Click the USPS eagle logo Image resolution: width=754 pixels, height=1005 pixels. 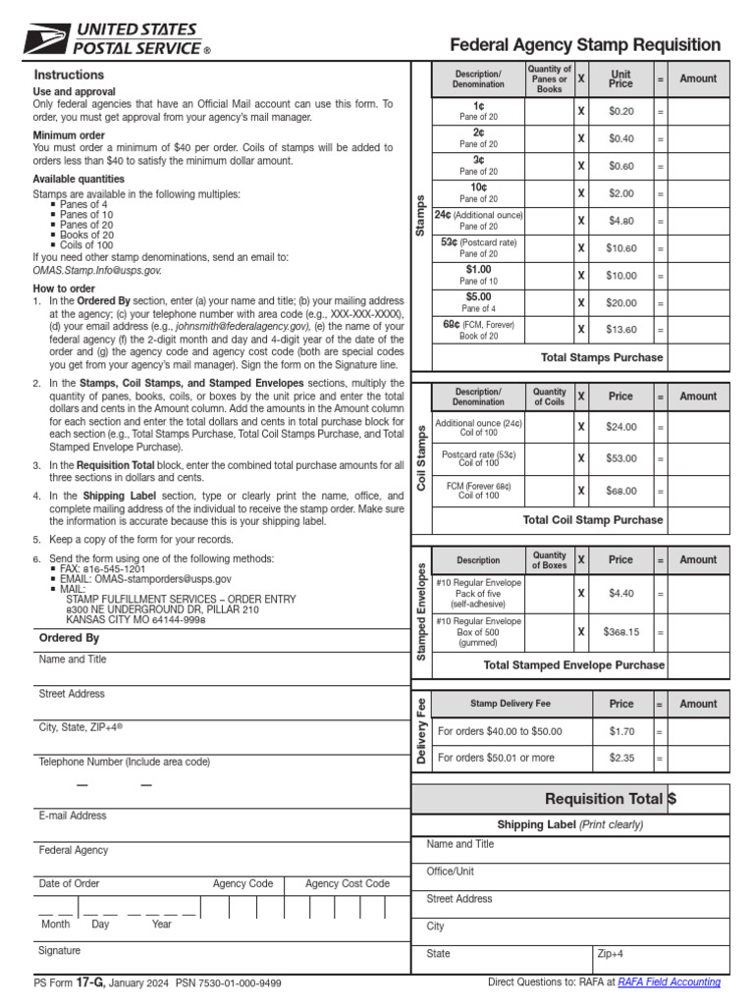coord(44,39)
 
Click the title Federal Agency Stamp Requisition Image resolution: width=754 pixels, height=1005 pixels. coord(585,45)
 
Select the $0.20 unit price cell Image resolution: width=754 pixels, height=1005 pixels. coord(620,112)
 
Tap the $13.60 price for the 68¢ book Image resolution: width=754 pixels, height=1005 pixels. coord(620,330)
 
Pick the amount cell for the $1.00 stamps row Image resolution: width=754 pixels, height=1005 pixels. coord(698,276)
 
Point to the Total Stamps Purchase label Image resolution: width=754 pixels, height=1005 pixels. coord(602,357)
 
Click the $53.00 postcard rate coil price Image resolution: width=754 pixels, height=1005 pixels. coord(620,458)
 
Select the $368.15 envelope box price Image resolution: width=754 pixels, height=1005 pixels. coord(620,632)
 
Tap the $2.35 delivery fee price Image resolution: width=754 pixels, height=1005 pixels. coord(620,758)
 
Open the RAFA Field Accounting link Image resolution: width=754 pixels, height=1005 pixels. coord(669,981)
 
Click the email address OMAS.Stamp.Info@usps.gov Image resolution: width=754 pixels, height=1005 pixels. coord(97,270)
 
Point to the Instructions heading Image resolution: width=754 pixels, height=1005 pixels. coord(69,75)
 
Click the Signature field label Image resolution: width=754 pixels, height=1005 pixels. coord(60,950)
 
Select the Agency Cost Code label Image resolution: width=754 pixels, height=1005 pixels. coord(347,883)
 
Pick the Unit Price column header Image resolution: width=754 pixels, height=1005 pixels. coord(620,79)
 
